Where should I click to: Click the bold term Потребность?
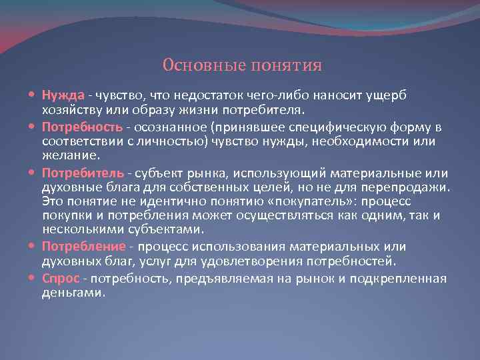click(x=82, y=127)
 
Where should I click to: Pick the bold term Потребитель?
click(x=82, y=173)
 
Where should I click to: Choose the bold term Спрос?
click(x=61, y=278)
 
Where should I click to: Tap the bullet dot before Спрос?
click(x=33, y=278)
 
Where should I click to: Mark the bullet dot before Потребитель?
click(x=33, y=173)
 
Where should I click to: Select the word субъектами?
click(x=164, y=230)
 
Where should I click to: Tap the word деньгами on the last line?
click(x=73, y=293)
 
